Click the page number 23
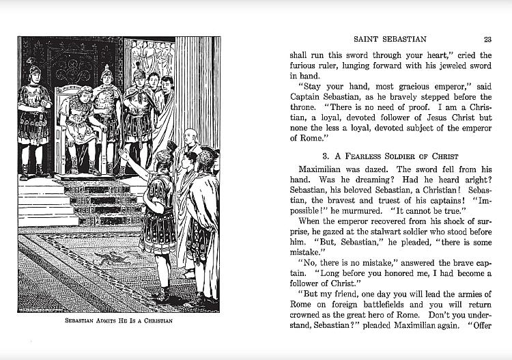487,39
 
